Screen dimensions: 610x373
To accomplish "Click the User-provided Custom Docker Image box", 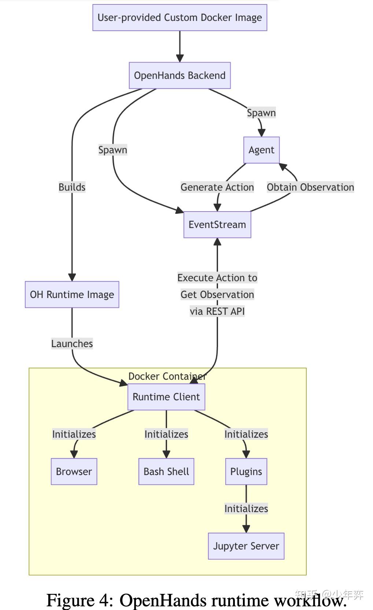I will [180, 18].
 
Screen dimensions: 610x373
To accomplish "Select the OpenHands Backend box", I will [180, 76].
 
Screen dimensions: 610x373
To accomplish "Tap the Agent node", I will [261, 150].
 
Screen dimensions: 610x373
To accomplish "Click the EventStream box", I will [217, 225].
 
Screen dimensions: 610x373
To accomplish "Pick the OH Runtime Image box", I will [72, 295].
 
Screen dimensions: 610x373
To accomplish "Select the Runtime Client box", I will [166, 397].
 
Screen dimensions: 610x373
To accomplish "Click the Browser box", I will [74, 472].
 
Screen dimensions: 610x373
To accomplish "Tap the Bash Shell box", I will [166, 472].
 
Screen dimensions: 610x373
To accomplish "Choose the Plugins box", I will [246, 472].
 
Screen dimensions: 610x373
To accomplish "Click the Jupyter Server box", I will [246, 546].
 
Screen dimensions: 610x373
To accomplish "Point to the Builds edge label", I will [72, 187].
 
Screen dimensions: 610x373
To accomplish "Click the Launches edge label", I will [72, 344].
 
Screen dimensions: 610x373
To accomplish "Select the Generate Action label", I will [217, 187].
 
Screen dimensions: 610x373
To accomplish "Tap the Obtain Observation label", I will [310, 187].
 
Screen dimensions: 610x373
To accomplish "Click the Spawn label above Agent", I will [261, 113].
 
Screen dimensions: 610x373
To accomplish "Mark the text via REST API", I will [217, 312].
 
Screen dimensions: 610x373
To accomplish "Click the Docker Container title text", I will [167, 376].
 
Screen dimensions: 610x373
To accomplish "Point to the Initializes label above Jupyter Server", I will [246, 509].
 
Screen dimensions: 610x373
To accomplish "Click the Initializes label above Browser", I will [74, 434].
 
